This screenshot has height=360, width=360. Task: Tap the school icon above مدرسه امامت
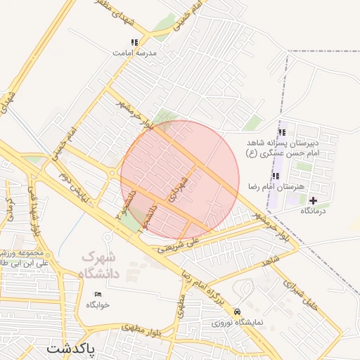click(134, 42)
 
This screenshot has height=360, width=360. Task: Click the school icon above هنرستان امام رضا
click(276, 176)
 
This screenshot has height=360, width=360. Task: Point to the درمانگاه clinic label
click(314, 210)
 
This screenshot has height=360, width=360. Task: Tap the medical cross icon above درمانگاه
click(313, 200)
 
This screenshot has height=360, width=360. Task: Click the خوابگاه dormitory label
click(98, 304)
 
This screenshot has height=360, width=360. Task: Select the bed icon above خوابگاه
click(98, 294)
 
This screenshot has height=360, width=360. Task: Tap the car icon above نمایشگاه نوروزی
click(238, 311)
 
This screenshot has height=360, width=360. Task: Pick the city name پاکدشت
click(71, 348)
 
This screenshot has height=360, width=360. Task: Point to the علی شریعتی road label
click(179, 243)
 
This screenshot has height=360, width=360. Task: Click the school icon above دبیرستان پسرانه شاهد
click(282, 132)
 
